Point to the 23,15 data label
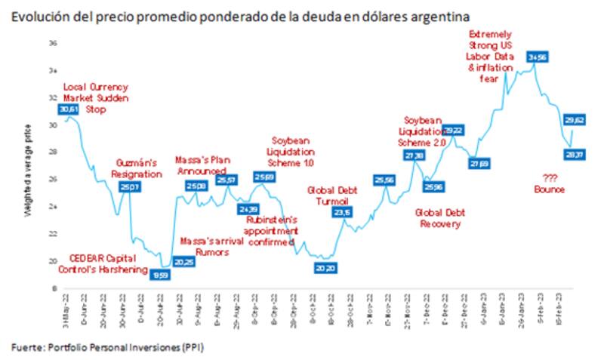pyautogui.click(x=343, y=214)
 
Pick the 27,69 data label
pyautogui.click(x=479, y=163)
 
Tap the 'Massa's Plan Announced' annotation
pyautogui.click(x=202, y=165)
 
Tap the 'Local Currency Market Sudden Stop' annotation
pyautogui.click(x=96, y=98)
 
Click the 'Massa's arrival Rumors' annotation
pyautogui.click(x=206, y=246)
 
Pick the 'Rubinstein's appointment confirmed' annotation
pyautogui.click(x=271, y=231)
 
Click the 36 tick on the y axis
pyautogui.click(x=54, y=44)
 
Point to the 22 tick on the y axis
pyautogui.click(x=54, y=234)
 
